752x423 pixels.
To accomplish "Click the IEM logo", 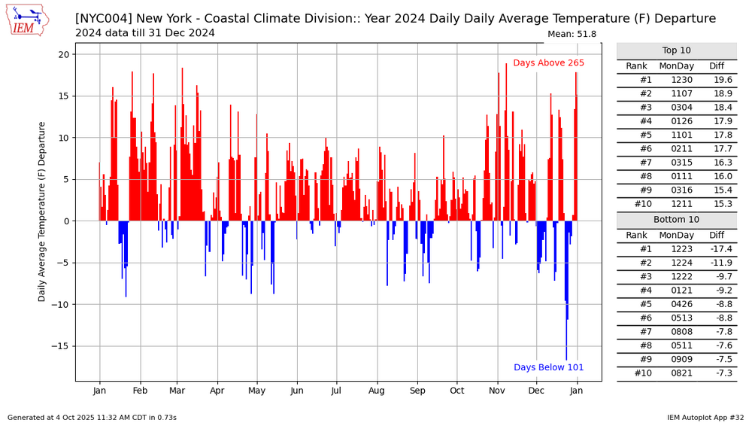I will point(28,20).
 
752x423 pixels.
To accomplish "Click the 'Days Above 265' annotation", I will point(548,63).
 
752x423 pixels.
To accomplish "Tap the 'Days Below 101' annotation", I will point(549,367).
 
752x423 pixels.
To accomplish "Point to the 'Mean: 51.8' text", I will point(572,34).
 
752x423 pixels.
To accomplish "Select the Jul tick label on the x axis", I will point(337,391).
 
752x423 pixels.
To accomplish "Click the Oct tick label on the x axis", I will point(456,391).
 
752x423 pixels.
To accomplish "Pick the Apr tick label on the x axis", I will point(217,391).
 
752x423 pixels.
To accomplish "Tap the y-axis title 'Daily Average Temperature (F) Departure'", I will point(43,211).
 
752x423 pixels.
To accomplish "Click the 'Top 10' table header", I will point(676,50).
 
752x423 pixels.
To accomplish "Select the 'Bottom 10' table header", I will point(676,220).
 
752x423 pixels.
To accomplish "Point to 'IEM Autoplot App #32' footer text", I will point(705,417).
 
